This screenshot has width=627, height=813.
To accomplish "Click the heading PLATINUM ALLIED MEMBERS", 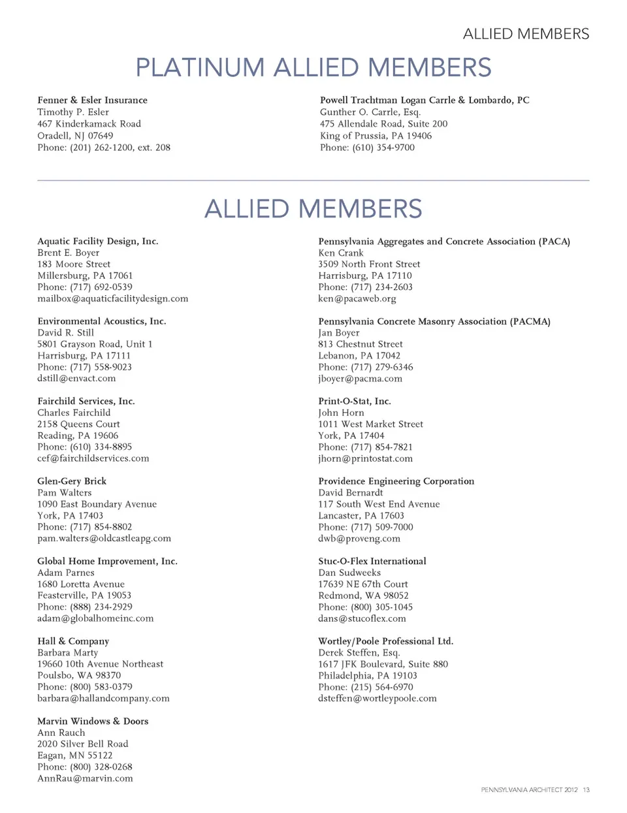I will coord(313,68).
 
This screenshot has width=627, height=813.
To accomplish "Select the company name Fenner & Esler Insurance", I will coord(92,100).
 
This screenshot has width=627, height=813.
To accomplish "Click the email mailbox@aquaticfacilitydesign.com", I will coord(112,298).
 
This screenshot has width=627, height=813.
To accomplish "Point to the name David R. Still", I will coord(65,332).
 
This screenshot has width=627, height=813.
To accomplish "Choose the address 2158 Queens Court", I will coord(78,424).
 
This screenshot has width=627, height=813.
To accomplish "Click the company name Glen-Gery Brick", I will coord(72,481).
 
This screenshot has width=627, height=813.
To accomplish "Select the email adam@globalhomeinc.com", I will coord(95,618).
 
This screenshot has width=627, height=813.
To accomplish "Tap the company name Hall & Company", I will coord(73,641).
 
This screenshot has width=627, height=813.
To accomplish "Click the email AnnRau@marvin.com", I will coord(85,778).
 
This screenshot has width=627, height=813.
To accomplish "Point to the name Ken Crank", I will coord(341,253).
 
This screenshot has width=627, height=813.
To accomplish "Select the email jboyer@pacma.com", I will coord(360,379).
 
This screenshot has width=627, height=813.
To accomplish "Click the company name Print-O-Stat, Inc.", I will coord(355,401).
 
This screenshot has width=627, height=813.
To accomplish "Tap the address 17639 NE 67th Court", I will coord(363,584).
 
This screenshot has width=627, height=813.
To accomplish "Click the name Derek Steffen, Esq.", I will coord(359,652).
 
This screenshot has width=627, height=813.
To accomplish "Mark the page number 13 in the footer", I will coord(586,790).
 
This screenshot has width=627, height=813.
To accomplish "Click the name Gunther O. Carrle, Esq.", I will coord(370,112).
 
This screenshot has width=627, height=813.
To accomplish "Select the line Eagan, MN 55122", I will coord(74,756).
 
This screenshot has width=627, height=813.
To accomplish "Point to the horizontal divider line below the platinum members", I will coord(313,180).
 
